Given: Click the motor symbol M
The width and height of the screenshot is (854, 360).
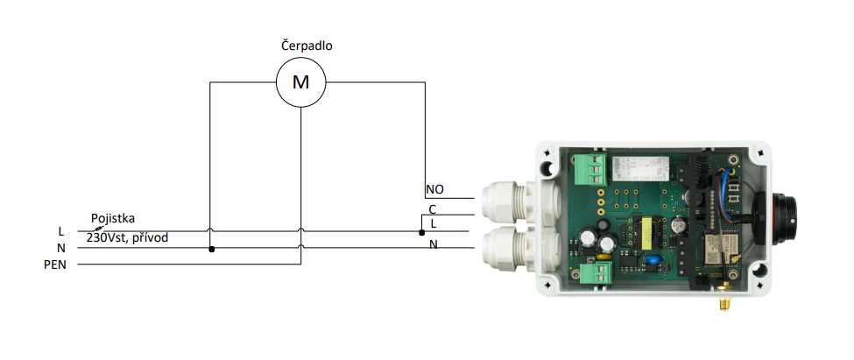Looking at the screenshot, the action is [x=300, y=82].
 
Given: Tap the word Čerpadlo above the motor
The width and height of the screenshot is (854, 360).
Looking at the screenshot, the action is [x=307, y=46].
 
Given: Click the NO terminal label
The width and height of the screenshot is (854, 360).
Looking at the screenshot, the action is [x=434, y=189].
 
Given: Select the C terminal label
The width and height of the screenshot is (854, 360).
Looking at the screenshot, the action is [x=433, y=209].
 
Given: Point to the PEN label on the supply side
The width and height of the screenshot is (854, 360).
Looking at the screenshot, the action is [x=55, y=265].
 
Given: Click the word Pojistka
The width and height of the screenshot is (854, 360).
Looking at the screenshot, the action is [x=113, y=218].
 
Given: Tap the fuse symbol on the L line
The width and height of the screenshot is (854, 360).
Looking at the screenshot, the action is [x=99, y=230].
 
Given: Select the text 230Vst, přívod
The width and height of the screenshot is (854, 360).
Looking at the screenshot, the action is [x=128, y=238].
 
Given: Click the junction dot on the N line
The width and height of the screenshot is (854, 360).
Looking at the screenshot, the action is [x=211, y=249].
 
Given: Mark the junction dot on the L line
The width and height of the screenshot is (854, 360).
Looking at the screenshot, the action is [x=421, y=233].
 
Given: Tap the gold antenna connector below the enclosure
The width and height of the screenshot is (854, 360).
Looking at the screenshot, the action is [x=725, y=303].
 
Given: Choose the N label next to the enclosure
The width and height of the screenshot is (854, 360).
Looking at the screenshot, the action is [x=433, y=245].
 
